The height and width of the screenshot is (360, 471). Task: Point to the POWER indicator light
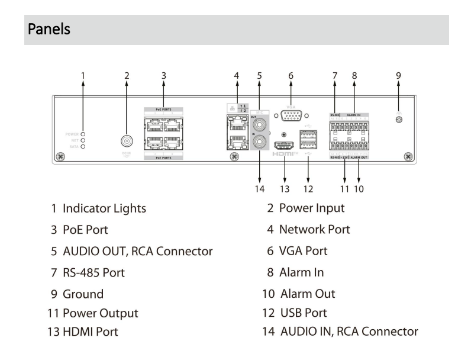pyautogui.click(x=83, y=134)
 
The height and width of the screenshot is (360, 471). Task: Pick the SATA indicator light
pyautogui.click(x=83, y=146)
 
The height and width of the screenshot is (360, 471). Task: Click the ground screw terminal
pyautogui.click(x=399, y=119)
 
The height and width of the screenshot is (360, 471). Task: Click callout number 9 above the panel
pyautogui.click(x=399, y=75)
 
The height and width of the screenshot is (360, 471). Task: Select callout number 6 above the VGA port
pyautogui.click(x=291, y=75)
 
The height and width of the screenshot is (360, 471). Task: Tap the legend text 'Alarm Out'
pyautogui.click(x=311, y=293)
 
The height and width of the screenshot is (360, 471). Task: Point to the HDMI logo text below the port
pyautogui.click(x=285, y=154)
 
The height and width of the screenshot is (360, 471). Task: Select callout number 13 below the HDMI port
pyautogui.click(x=285, y=189)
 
